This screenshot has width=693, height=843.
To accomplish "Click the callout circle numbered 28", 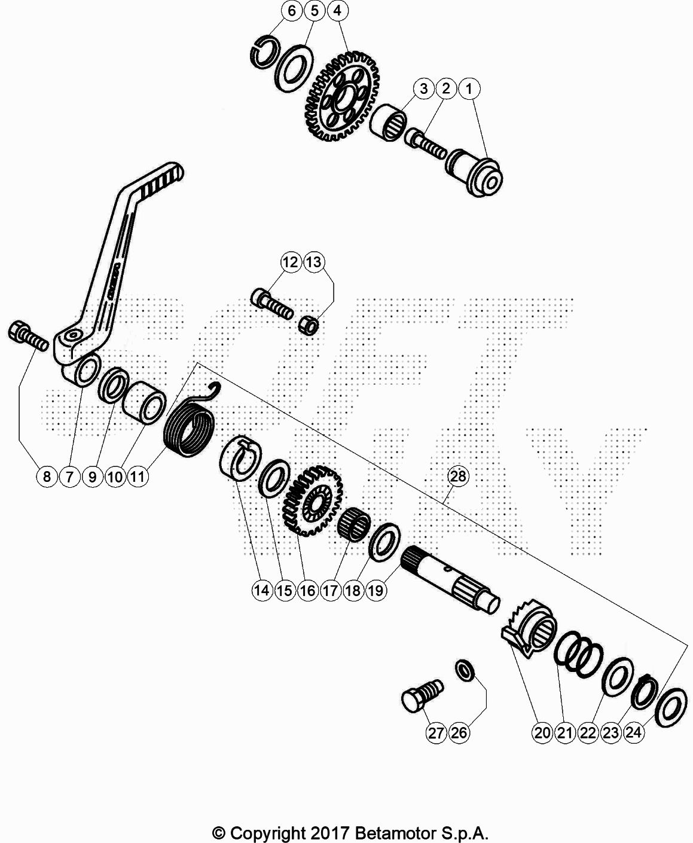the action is [x=458, y=476].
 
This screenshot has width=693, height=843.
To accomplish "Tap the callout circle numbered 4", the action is [x=337, y=11].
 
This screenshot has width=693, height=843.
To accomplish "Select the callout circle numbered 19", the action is [x=376, y=590].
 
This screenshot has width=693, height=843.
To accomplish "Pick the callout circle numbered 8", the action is [x=47, y=477].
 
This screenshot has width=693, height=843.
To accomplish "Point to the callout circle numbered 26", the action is [x=459, y=732].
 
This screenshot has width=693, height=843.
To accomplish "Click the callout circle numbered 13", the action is [x=315, y=262].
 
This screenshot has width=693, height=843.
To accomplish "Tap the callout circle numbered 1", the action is [x=469, y=88].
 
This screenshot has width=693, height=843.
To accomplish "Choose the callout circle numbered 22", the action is [x=588, y=732].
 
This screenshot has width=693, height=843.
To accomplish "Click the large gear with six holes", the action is [x=341, y=97].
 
